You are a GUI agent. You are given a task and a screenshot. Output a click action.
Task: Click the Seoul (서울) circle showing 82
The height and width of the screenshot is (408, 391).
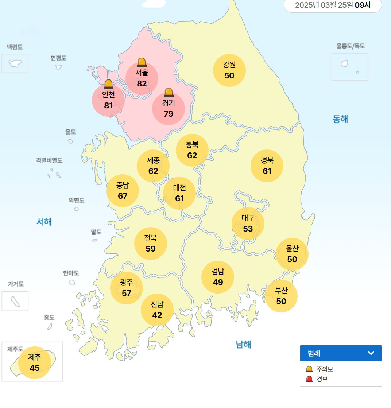(142, 78)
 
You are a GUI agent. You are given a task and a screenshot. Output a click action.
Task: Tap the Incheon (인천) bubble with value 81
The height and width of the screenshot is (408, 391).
(108, 101)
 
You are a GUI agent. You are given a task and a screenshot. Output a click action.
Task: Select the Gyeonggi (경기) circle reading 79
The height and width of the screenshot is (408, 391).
(169, 109)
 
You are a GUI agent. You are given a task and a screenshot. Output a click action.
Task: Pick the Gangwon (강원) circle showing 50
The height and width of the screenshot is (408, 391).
(229, 70)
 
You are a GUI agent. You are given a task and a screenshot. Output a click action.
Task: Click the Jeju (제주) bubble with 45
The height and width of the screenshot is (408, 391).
(35, 363)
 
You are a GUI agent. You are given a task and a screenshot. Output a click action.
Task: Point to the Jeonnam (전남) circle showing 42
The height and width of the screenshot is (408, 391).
(157, 310)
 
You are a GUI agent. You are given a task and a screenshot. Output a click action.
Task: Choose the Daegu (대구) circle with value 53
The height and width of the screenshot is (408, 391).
(248, 224)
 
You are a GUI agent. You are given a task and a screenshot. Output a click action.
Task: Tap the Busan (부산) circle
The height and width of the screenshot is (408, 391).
(281, 296)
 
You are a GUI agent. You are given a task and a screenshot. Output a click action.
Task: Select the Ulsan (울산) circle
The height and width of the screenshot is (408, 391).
(292, 254)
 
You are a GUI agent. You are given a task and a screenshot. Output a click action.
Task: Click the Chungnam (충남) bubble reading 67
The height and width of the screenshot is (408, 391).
(123, 191)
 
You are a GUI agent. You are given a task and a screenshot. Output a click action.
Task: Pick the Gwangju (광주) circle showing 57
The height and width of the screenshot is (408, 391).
(127, 288)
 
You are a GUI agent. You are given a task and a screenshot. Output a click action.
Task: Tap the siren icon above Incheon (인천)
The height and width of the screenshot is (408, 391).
(108, 84)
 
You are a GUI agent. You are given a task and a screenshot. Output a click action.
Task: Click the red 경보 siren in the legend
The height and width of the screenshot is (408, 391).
(309, 379)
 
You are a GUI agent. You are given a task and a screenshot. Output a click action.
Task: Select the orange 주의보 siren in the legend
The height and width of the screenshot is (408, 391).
(309, 369)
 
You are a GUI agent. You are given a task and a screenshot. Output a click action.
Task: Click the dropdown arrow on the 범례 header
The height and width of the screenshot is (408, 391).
(371, 353)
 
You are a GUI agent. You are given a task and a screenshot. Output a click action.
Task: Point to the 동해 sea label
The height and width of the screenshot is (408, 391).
(340, 119)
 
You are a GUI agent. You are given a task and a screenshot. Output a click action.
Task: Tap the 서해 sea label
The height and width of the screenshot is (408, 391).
(44, 222)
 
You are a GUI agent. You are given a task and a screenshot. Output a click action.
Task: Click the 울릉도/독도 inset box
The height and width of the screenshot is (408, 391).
(350, 67)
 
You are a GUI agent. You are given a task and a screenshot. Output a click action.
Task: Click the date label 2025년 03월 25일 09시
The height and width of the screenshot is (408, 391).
(333, 5)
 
